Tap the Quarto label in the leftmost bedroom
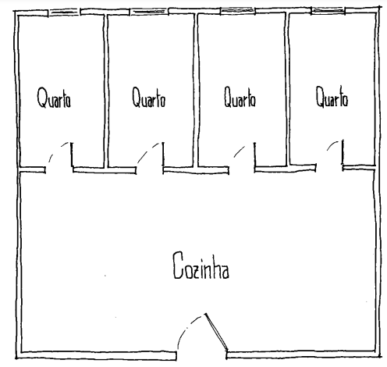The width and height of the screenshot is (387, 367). point(54,98)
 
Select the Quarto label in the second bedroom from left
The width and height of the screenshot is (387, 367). point(148,98)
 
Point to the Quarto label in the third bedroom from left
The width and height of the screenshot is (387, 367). point(240,98)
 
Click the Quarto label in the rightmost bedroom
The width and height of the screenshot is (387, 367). point(332,97)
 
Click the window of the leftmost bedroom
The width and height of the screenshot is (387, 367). point(64,12)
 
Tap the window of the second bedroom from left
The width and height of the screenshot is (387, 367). point(149,12)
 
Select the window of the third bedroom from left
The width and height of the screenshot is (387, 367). point(238,11)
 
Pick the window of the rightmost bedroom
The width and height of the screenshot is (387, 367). point(328,10)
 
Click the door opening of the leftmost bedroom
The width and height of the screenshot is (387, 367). point(59,169)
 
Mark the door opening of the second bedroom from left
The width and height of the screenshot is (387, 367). point(150,170)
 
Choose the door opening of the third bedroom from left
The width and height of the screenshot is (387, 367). point(242,169)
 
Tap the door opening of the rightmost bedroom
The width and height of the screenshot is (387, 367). point(329,167)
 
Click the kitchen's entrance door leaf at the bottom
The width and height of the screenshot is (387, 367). point(216,333)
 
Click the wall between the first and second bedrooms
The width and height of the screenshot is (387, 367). point(106,91)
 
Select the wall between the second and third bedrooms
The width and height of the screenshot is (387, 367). point(196,90)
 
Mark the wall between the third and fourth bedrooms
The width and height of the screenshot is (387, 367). point(287,89)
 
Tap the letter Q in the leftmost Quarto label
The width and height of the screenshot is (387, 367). point(41,98)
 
